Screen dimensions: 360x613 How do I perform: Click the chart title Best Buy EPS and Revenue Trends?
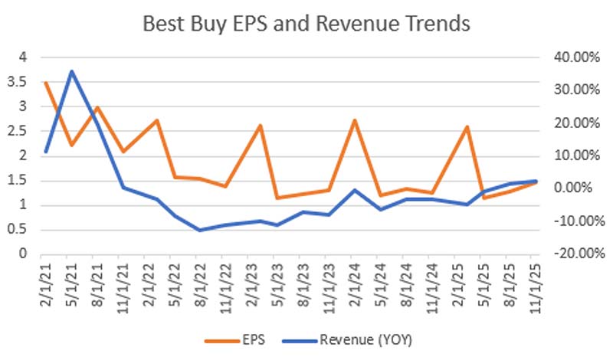tap(306, 24)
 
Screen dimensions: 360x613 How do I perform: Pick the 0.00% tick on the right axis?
tap(571, 188)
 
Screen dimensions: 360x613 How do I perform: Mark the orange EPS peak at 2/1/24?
tap(355, 120)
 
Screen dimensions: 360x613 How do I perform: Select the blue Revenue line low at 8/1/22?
tap(201, 230)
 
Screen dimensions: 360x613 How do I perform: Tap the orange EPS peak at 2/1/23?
tap(261, 126)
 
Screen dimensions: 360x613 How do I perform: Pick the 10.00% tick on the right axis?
tap(571, 155)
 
